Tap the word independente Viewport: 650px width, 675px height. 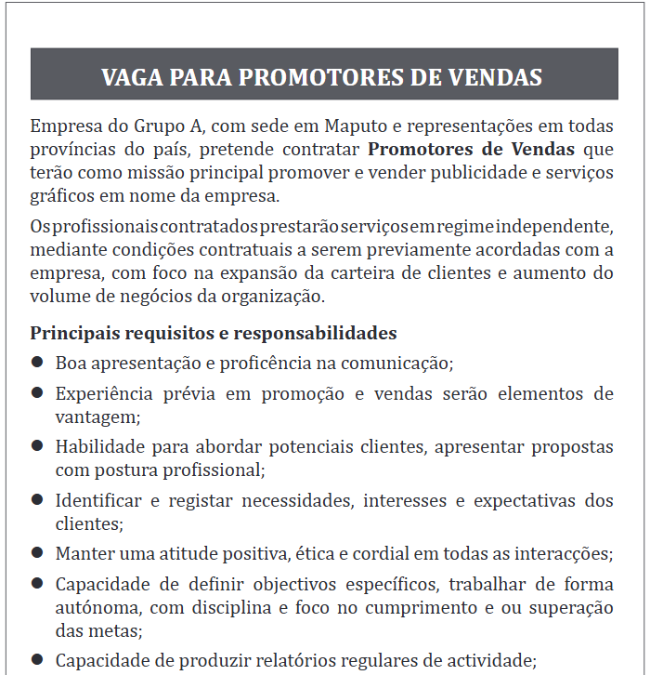pos(554,228)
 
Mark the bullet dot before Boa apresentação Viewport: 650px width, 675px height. pos(37,362)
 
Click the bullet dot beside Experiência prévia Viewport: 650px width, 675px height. pos(37,392)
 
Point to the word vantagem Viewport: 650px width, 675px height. pos(96,417)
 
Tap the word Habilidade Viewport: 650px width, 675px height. pos(98,447)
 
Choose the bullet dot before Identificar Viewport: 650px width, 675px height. pos(37,500)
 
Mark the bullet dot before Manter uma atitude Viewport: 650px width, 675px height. pos(37,553)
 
